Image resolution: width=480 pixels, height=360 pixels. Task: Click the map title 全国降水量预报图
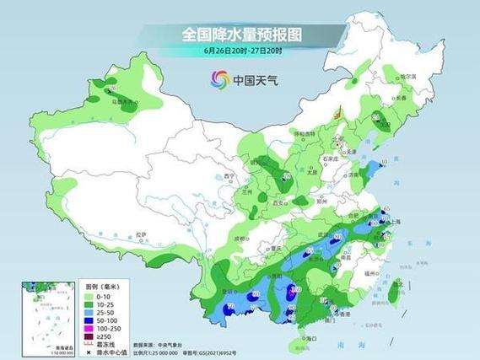[241, 35]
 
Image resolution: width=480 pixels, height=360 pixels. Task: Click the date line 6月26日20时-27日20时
[241, 51]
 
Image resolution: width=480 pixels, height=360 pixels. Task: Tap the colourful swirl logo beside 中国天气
[220, 79]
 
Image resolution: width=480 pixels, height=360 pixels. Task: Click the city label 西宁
[228, 176]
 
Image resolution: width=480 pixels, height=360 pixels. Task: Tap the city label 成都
[245, 225]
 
